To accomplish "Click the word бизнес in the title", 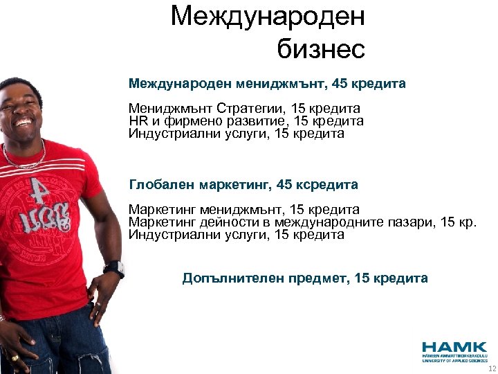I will click(x=320, y=48).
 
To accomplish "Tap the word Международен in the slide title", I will click(x=268, y=16).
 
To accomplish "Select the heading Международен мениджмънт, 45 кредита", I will click(x=267, y=84).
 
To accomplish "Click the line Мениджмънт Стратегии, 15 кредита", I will click(x=244, y=109).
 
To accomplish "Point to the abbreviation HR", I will click(x=138, y=121).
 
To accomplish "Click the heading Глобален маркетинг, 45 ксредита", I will click(x=243, y=185).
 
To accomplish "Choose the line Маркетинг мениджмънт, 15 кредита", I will click(x=244, y=209).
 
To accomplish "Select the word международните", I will click(x=326, y=222).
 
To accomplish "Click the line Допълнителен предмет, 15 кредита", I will click(x=305, y=278).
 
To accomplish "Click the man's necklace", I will click(x=24, y=156).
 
